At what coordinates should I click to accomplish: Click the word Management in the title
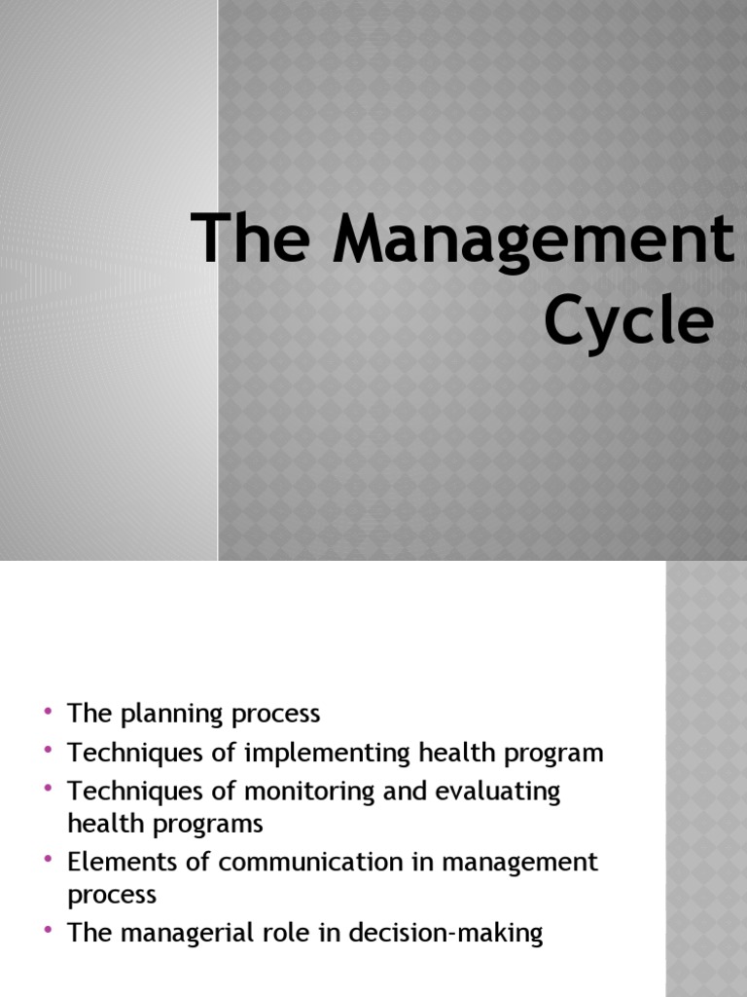click(534, 240)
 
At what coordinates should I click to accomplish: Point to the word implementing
click(316, 753)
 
